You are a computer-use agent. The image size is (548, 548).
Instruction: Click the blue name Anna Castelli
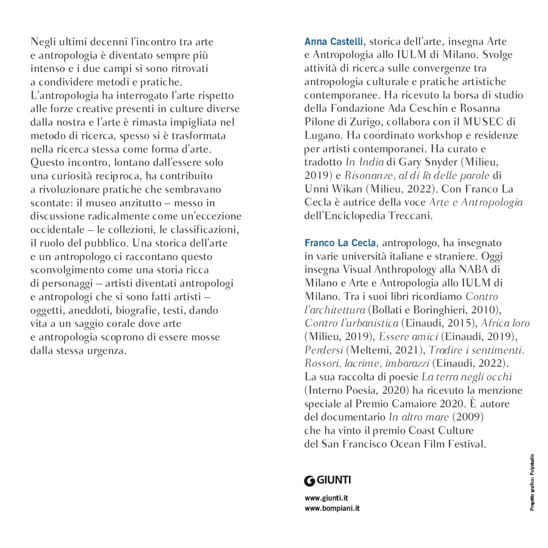(x=333, y=41)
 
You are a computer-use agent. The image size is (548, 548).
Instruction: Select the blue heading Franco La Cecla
(x=340, y=243)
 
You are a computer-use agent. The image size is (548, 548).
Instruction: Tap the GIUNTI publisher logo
(x=327, y=480)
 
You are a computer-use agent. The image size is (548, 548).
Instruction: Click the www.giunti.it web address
(x=326, y=498)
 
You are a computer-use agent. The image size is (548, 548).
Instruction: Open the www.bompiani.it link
(x=332, y=508)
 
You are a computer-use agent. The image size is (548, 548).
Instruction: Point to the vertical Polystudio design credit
(x=532, y=482)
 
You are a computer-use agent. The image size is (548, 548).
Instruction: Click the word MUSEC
(x=483, y=122)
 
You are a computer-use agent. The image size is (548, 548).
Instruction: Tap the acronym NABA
(x=473, y=269)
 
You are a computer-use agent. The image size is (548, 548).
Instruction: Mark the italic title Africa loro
(x=505, y=323)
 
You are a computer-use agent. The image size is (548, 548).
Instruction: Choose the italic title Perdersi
(x=323, y=350)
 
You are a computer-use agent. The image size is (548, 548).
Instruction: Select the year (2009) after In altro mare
(x=468, y=417)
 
